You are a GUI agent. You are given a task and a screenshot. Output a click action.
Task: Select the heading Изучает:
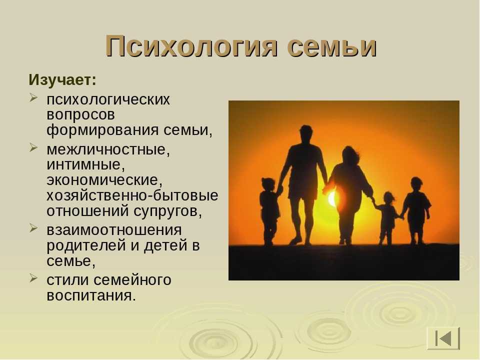point(62,80)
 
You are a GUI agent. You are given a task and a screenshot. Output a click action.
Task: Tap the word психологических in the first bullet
point(108,100)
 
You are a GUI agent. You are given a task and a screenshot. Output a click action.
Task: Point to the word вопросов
point(81,115)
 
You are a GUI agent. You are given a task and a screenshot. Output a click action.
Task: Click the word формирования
point(102,130)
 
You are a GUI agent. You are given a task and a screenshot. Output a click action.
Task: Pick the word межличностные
point(108,149)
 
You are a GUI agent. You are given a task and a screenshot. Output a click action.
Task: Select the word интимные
point(85,165)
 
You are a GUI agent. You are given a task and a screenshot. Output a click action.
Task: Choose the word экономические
point(104,180)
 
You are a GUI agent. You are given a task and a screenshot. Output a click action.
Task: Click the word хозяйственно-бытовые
point(132,195)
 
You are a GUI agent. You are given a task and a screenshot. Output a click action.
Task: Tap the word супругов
point(167,211)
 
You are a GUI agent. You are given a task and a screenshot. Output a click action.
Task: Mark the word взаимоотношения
point(114,230)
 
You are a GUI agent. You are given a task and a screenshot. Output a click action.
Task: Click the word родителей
point(86,245)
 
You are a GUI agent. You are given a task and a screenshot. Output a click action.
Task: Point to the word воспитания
point(91,295)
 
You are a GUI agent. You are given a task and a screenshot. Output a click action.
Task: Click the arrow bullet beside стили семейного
point(33,278)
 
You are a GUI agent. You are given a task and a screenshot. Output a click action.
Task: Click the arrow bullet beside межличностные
point(33,148)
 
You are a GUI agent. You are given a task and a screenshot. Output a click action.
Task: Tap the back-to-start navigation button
point(443,338)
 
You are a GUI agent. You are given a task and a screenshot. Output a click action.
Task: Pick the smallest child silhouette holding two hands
point(387,218)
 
